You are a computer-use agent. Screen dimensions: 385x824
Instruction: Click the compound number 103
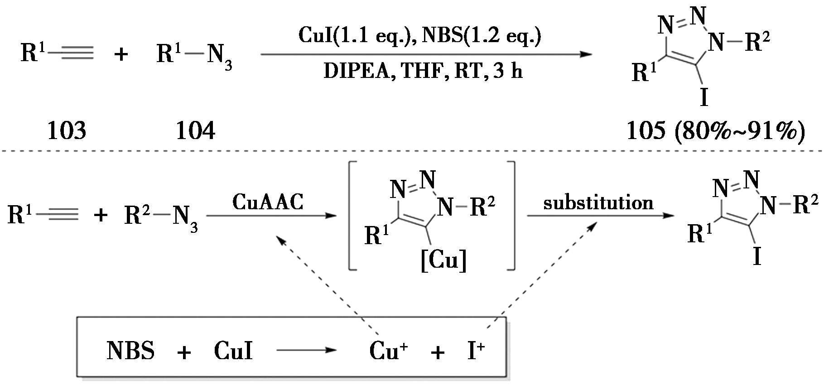coord(67,131)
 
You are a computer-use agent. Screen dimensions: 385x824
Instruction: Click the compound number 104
coord(195,131)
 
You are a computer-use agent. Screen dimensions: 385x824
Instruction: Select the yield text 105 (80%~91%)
coord(716,131)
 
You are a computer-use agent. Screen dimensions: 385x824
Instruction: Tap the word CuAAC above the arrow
coord(268,202)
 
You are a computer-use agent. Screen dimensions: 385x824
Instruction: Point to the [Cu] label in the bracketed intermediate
coord(443,261)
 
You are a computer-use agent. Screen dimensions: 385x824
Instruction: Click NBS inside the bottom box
coord(130,351)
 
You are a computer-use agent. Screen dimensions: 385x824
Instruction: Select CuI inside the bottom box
coord(233,351)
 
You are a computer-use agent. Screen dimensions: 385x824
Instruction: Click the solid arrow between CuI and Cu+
coord(307,350)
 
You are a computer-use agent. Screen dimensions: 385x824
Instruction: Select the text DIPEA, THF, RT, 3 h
coord(423,72)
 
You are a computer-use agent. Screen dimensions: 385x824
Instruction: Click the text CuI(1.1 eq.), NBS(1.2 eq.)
coord(420,35)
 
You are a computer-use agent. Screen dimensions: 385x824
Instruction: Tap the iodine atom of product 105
coord(704,97)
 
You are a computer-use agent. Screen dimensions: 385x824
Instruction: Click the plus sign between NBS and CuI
coord(184,352)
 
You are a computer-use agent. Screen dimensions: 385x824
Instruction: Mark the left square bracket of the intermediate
coord(352,216)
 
